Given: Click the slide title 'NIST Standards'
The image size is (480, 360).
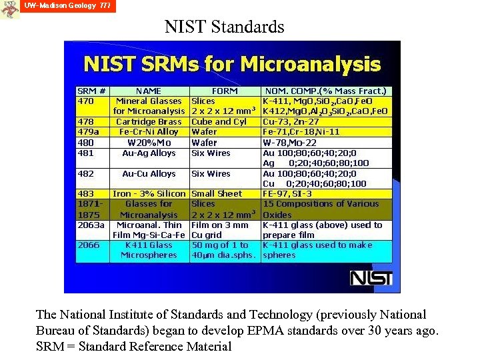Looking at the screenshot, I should pyautogui.click(x=225, y=27).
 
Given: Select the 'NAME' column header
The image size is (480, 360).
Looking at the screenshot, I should pyautogui.click(x=148, y=91).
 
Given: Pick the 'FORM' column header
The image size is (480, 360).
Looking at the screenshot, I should pyautogui.click(x=224, y=91).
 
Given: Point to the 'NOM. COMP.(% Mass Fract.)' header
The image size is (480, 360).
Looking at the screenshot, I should pyautogui.click(x=325, y=91).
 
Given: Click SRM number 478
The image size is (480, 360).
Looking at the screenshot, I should pyautogui.click(x=86, y=122).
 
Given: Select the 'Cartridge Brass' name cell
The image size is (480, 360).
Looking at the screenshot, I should pyautogui.click(x=149, y=122).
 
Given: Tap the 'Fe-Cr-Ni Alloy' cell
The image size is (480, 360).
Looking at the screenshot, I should pyautogui.click(x=149, y=132).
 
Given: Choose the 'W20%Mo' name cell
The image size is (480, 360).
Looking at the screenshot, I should pyautogui.click(x=149, y=143).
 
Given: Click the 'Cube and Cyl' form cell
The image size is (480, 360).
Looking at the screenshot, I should pyautogui.click(x=219, y=122).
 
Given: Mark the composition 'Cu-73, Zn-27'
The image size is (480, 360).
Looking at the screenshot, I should pyautogui.click(x=291, y=122).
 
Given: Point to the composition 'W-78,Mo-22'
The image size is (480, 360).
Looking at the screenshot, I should pyautogui.click(x=292, y=143).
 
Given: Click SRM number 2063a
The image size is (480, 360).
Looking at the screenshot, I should pyautogui.click(x=91, y=225).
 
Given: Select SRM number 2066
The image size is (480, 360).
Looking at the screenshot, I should pyautogui.click(x=89, y=245).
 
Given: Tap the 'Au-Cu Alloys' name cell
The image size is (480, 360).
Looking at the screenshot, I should pyautogui.click(x=149, y=173).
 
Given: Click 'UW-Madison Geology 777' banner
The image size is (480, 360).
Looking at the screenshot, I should pyautogui.click(x=67, y=6).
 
